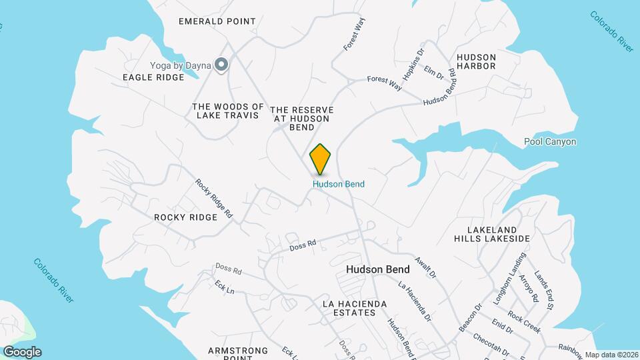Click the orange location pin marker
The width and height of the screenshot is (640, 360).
click(x=321, y=159)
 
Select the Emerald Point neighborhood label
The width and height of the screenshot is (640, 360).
click(x=217, y=21)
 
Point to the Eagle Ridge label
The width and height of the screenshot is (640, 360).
click(x=153, y=77)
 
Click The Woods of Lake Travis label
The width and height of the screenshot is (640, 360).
click(x=228, y=111)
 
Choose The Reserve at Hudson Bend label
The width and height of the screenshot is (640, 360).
click(x=302, y=118)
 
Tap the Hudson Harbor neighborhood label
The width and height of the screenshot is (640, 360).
click(x=476, y=61)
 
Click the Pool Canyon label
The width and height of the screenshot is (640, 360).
click(x=550, y=142)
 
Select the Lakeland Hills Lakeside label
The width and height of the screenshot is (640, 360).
click(x=492, y=233)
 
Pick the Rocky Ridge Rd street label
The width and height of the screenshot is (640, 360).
click(x=213, y=199)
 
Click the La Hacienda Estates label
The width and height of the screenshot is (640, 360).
click(x=354, y=309)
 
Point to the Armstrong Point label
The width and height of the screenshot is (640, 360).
click(x=238, y=353)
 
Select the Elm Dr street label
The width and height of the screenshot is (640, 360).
click(x=434, y=72)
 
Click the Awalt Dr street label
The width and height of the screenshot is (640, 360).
click(x=425, y=267)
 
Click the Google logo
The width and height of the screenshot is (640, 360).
click(x=22, y=352)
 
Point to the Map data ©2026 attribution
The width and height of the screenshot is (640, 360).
click(x=611, y=355)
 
